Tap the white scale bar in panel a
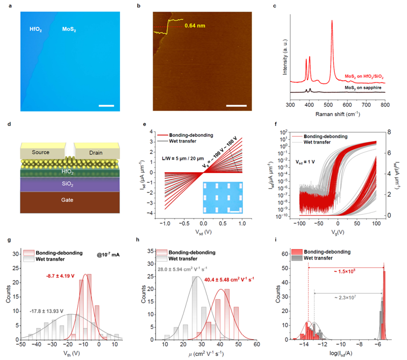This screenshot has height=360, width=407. [106, 106]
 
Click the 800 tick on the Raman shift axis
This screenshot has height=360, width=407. [385, 104]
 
